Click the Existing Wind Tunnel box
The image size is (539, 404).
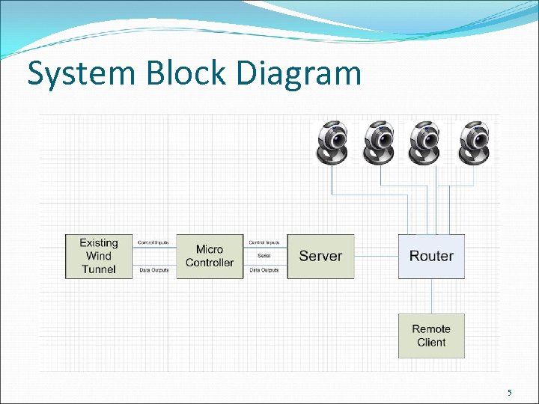pyautogui.click(x=98, y=256)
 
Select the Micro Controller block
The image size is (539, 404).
pyautogui.click(x=210, y=256)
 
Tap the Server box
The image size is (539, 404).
pyautogui.click(x=320, y=256)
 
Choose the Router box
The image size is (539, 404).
pyautogui.click(x=431, y=256)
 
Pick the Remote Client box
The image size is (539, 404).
pyautogui.click(x=431, y=336)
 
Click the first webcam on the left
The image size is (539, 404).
pyautogui.click(x=332, y=141)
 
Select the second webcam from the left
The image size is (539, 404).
pyautogui.click(x=380, y=141)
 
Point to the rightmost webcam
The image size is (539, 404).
pyautogui.click(x=474, y=141)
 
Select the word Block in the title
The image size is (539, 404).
pyautogui.click(x=177, y=73)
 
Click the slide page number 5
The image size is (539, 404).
pyautogui.click(x=510, y=393)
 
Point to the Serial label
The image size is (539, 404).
pyautogui.click(x=264, y=256)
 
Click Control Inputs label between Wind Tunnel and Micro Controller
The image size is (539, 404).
pyautogui.click(x=153, y=243)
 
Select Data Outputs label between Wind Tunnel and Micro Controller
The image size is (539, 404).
pyautogui.click(x=153, y=269)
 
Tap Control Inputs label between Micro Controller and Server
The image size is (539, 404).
pyautogui.click(x=264, y=243)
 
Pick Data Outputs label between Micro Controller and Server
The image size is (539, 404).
pyautogui.click(x=264, y=269)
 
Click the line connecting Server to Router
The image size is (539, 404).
pyautogui.click(x=376, y=256)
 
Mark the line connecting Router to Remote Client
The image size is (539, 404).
pyautogui.click(x=431, y=296)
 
